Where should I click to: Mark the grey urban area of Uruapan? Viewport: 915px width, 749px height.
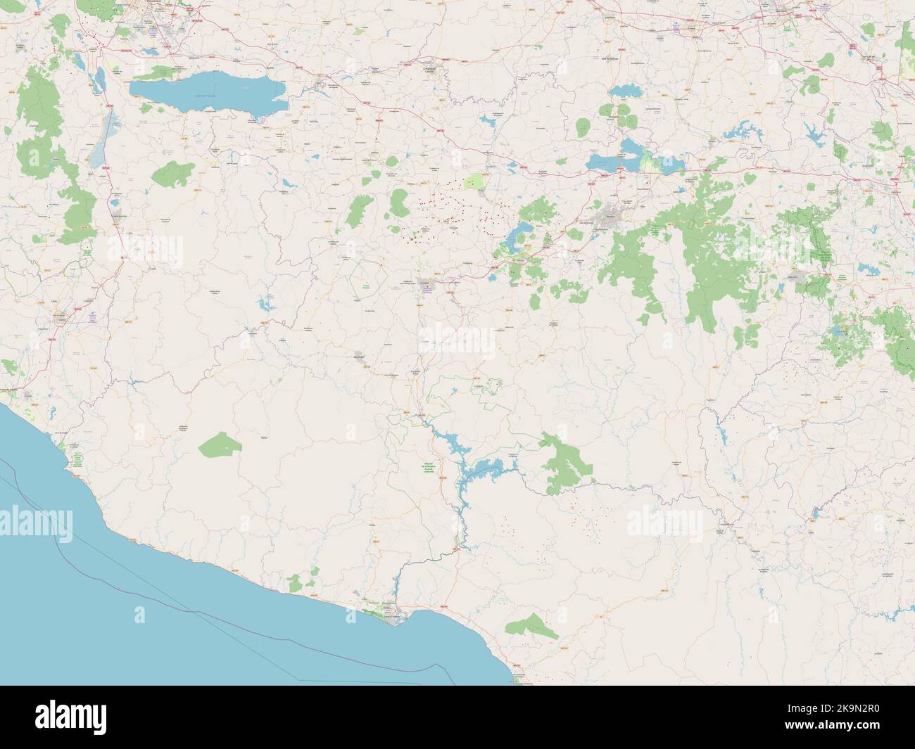[426, 283]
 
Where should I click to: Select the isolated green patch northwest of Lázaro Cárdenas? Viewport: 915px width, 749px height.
[296, 582]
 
